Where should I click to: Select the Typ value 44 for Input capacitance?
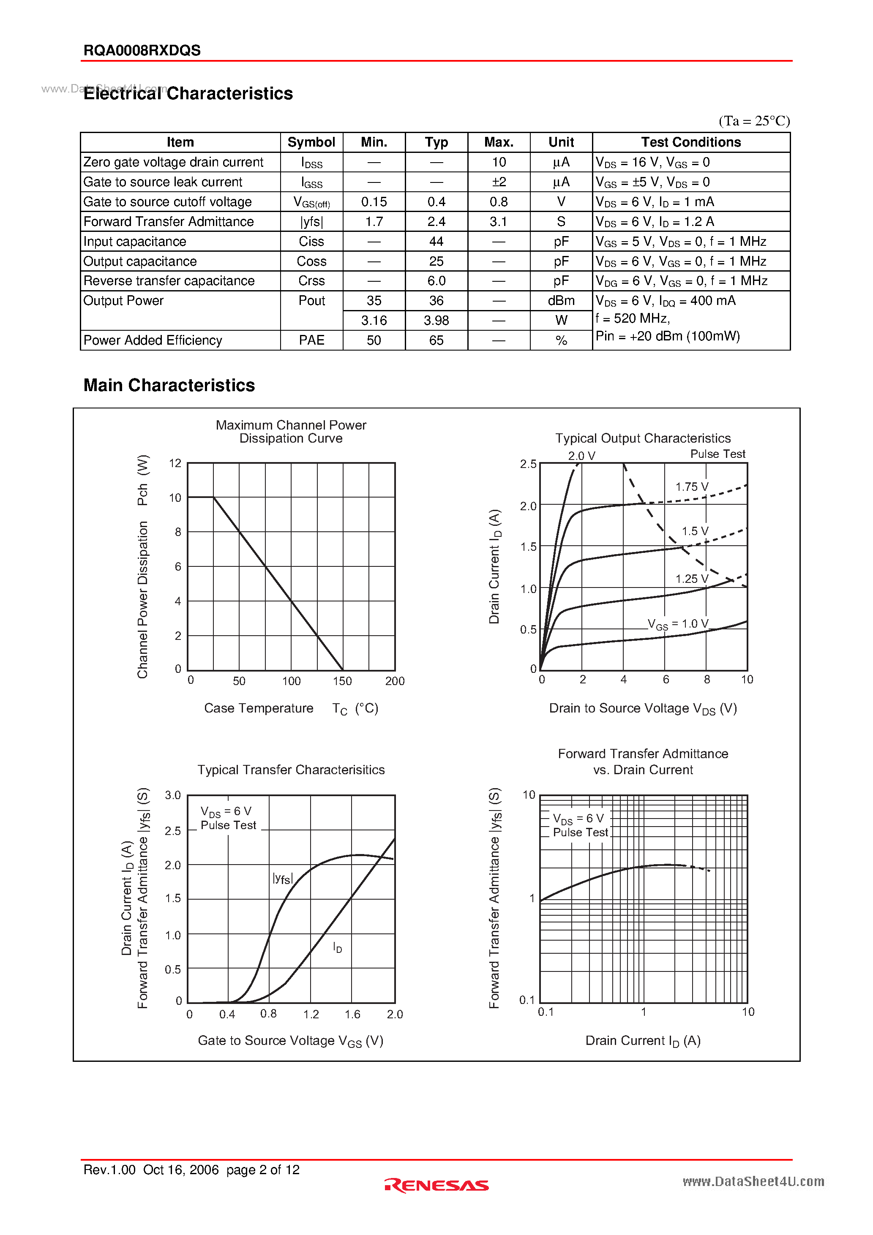pyautogui.click(x=436, y=242)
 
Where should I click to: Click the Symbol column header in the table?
pyautogui.click(x=311, y=142)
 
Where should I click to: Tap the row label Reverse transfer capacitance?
pyautogui.click(x=169, y=281)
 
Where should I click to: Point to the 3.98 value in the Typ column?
pyautogui.click(x=436, y=321)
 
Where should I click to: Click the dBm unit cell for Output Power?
pyautogui.click(x=561, y=301)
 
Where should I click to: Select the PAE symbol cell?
pyautogui.click(x=311, y=340)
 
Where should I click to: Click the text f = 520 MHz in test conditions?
pyautogui.click(x=633, y=318)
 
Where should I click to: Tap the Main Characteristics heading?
pyautogui.click(x=169, y=385)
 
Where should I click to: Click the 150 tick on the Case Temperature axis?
pyautogui.click(x=342, y=681)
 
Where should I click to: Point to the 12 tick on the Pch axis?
pyautogui.click(x=175, y=463)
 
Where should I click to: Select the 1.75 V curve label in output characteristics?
pyautogui.click(x=692, y=487)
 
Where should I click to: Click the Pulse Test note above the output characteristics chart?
pyautogui.click(x=717, y=454)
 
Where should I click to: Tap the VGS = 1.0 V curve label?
pyautogui.click(x=678, y=624)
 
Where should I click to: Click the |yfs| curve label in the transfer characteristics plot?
pyautogui.click(x=282, y=879)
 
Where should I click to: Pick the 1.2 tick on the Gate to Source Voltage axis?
pyautogui.click(x=311, y=1014)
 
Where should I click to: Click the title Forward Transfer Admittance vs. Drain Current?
pyautogui.click(x=643, y=761)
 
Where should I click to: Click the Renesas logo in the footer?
pyautogui.click(x=436, y=1185)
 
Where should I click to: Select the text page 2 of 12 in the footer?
pyautogui.click(x=263, y=1170)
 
